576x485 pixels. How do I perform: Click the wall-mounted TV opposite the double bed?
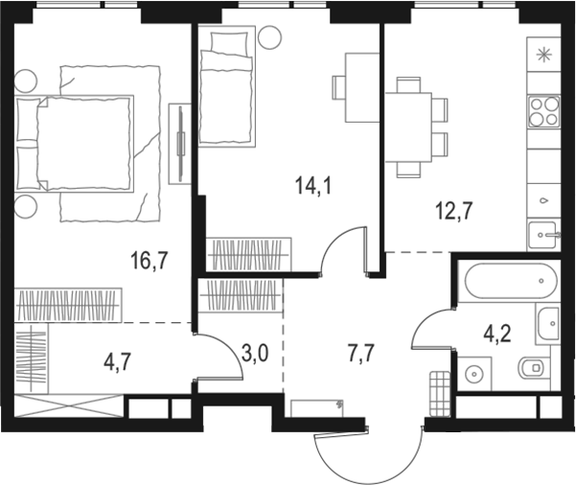point(180,141)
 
